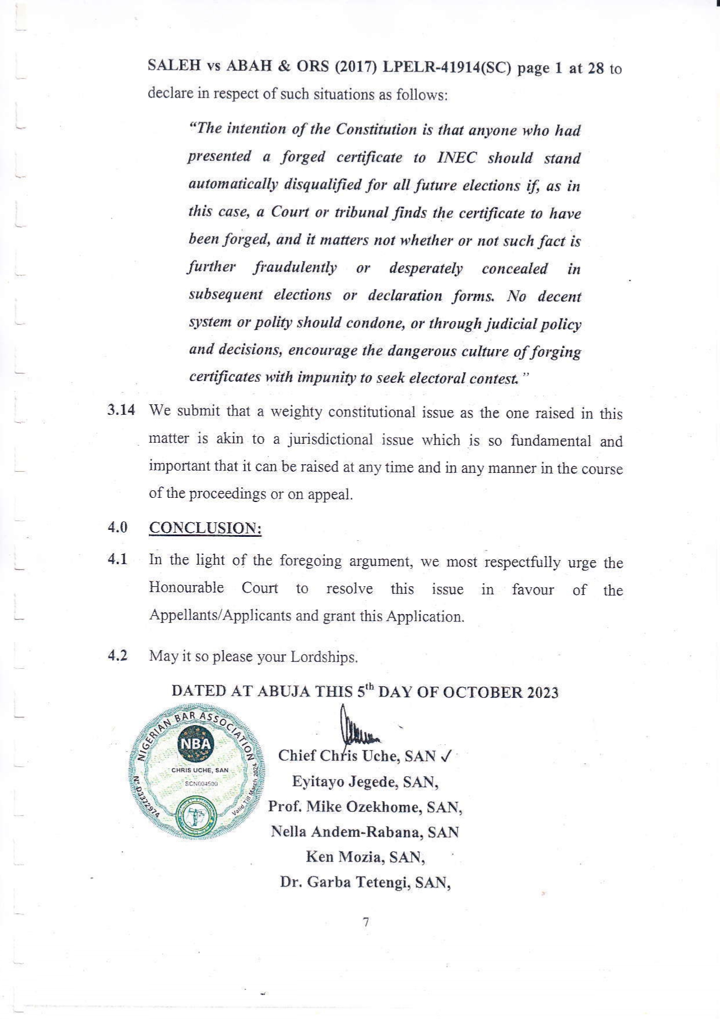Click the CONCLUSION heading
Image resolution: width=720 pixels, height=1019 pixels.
click(x=205, y=528)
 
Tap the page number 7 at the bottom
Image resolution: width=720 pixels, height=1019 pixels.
click(x=366, y=922)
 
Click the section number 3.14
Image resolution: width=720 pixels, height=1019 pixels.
click(x=121, y=410)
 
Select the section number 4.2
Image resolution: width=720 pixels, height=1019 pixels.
click(x=117, y=656)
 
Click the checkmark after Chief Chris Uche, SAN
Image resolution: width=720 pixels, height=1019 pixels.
click(x=446, y=756)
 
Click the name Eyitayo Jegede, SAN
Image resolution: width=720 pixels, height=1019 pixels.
click(x=365, y=782)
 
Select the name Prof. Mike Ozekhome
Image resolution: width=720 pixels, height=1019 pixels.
click(x=365, y=807)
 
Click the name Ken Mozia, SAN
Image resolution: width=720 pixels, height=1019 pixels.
click(x=366, y=857)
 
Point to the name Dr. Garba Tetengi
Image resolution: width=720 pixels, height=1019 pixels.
click(x=366, y=882)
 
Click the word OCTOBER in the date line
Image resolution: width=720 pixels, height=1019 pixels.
click(x=483, y=693)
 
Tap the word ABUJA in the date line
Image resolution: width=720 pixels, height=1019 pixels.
click(x=283, y=691)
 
